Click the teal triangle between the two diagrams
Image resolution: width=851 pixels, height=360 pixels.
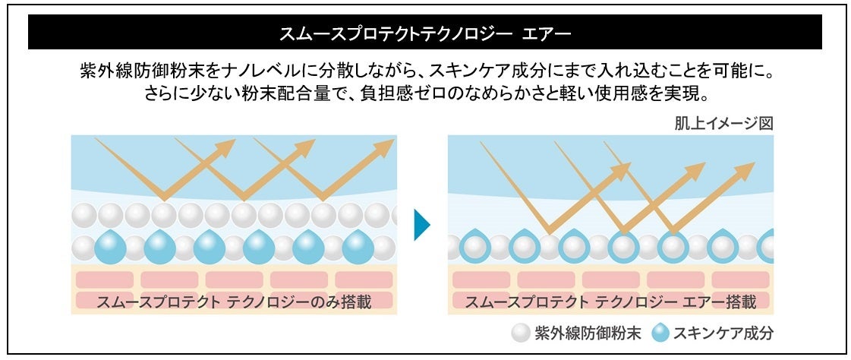coord(422,225)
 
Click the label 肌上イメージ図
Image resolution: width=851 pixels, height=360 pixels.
coord(723,123)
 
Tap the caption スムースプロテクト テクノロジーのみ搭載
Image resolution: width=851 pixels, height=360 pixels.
coord(234,302)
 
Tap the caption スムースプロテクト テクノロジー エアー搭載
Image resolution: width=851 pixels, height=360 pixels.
coord(610,302)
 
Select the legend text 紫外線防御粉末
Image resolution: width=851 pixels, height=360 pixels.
coord(588,333)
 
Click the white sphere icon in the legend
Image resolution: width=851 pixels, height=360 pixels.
coord(521,333)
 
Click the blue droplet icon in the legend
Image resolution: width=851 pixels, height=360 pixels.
coord(659,333)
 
